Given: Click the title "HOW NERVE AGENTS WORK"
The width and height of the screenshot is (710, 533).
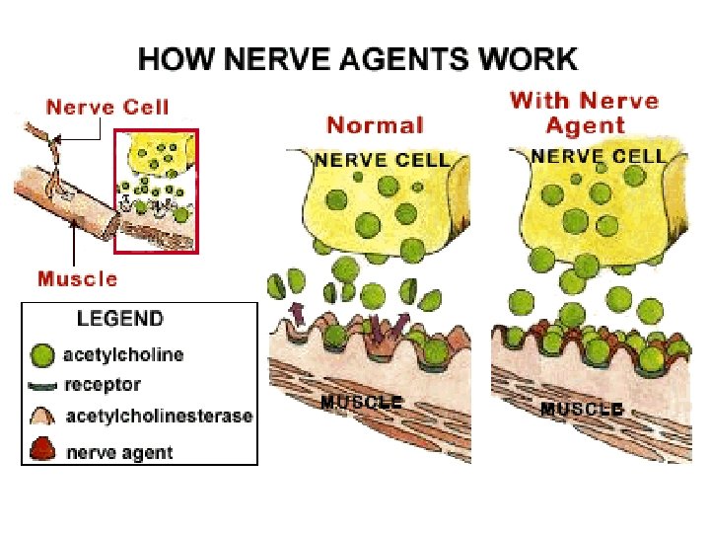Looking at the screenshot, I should (357, 59).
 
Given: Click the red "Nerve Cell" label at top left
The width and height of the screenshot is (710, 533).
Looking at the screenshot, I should (108, 108).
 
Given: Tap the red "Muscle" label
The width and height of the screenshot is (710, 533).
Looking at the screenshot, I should (77, 278).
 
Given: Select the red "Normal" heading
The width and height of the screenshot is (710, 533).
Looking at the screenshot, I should (375, 125).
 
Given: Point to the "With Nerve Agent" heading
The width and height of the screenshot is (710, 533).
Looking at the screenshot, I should (585, 113).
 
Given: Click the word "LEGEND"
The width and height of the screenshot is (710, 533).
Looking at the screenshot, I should (120, 319).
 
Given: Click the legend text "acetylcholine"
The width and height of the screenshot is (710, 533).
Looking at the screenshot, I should (123, 354).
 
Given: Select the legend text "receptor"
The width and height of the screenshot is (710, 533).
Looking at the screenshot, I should (103, 385).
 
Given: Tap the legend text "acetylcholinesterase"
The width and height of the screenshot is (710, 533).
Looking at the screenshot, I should (159, 417).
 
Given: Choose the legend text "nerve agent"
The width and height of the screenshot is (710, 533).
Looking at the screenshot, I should (119, 453).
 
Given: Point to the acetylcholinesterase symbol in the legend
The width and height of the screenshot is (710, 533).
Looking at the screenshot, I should (43, 416).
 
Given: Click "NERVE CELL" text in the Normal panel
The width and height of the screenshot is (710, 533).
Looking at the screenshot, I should (382, 160).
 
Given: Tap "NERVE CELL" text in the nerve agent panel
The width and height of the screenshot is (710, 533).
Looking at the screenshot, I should (599, 156).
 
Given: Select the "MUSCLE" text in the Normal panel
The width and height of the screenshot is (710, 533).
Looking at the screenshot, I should (361, 403).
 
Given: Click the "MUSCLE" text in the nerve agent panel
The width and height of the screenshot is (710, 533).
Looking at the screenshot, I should (582, 408).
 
